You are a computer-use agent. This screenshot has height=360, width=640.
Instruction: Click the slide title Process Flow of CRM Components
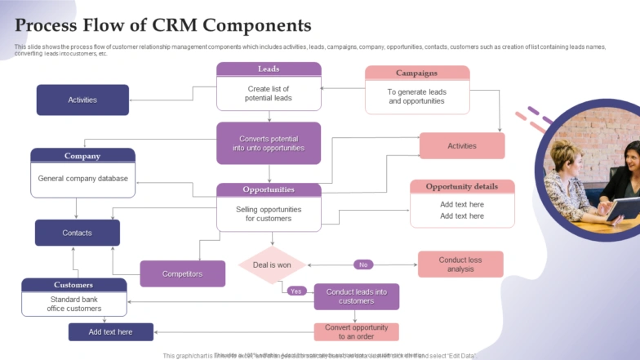pos(163,25)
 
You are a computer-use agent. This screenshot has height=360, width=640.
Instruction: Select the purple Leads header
pos(269,69)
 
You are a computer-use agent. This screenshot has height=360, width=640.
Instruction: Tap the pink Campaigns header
pos(416,73)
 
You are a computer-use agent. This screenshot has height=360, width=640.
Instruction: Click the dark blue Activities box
pos(82,100)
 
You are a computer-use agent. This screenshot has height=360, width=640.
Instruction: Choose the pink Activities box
pos(461,146)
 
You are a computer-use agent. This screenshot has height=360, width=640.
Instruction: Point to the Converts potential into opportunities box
pos(269,144)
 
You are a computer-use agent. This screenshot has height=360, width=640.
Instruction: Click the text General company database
pos(82,178)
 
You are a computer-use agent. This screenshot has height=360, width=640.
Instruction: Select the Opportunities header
pos(269,189)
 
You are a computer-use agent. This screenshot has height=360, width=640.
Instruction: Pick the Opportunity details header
pos(462,186)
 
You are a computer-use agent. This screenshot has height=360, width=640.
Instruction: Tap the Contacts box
pos(77,233)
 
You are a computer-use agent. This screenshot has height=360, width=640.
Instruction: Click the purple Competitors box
pos(182,273)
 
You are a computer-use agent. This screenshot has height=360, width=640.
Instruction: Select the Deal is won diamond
pos(272,264)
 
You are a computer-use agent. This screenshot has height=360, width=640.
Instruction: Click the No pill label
pos(363,264)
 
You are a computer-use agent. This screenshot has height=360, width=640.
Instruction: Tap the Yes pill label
pos(296,291)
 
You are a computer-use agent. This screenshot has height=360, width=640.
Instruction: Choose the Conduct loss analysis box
pos(460,264)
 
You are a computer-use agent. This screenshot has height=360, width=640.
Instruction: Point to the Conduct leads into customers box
pos(357,296)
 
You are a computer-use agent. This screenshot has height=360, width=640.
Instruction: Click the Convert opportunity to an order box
pos(357,332)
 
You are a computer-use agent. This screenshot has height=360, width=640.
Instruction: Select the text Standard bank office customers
pos(74,304)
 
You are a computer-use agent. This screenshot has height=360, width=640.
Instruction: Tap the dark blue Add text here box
pos(110,332)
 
